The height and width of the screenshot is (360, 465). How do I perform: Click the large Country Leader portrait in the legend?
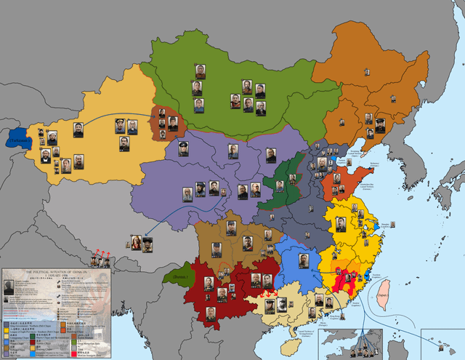click(8, 287)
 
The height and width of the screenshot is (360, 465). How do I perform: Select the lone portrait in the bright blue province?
click(304, 260)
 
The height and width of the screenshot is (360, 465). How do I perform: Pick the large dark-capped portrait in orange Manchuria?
click(379, 125)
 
